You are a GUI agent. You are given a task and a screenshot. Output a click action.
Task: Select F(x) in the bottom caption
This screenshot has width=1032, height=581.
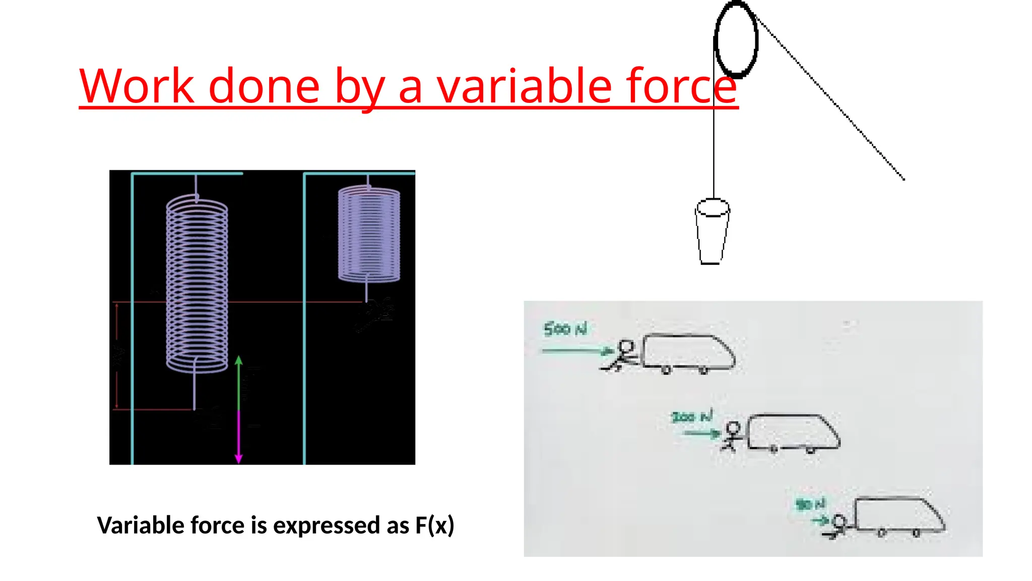(434, 525)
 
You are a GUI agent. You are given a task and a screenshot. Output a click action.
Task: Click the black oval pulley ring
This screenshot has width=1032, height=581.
(736, 39)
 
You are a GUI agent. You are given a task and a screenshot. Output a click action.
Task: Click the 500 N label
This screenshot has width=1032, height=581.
(565, 329)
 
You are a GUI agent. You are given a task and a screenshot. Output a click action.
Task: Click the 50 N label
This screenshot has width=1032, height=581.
(810, 504)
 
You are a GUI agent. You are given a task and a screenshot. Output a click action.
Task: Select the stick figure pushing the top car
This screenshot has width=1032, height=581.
(622, 356)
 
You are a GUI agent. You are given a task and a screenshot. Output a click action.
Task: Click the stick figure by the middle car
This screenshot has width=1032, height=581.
(731, 437)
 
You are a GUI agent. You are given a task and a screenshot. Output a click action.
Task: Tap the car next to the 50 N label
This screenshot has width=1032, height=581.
(899, 515)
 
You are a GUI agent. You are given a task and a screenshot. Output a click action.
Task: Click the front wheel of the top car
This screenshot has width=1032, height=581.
(703, 370)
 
